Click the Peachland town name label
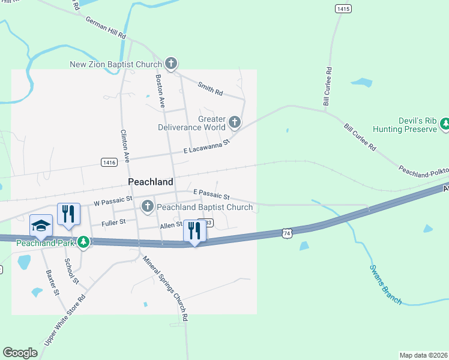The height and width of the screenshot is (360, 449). coord(151,181)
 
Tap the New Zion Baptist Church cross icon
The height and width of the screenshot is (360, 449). coord(171,64)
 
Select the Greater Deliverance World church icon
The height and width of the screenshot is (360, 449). coord(234,123)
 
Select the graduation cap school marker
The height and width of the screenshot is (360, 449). coord(41,226)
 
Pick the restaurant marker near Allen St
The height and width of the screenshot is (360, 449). coord(194,230)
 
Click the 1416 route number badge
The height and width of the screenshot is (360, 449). coord(109,162)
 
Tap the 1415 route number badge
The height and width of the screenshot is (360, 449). coord(343,8)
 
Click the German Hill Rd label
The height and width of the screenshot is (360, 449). coord(106,28)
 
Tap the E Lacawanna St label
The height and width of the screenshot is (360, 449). coord(206,146)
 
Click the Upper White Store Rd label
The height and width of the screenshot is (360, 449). coord(65,320)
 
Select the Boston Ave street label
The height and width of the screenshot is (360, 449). coord(160,91)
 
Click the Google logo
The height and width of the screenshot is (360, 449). coord(20,353)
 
